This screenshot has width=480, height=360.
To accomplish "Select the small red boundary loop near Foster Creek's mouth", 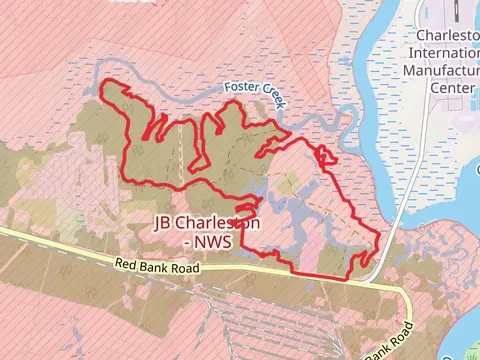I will (325, 154).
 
